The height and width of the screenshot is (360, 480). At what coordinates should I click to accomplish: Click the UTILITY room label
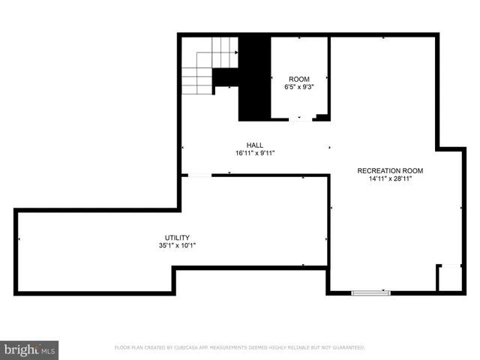coord(177,236)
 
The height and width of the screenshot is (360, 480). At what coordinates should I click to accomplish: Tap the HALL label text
coord(255,145)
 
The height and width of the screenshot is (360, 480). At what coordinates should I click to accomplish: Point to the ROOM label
coord(298,79)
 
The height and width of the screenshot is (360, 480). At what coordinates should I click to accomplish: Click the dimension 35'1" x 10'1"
coord(177,245)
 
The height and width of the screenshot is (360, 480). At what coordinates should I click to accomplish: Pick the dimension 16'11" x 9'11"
coord(255,153)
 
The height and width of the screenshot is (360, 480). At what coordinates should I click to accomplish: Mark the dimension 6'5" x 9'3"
coord(298,88)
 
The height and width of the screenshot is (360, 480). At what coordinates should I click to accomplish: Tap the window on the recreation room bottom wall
coord(371,292)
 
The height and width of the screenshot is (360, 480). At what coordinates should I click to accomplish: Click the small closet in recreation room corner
coord(451,278)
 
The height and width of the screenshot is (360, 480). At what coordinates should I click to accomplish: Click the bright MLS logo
coord(29,349)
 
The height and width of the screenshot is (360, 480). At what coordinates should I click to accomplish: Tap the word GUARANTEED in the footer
coord(347,348)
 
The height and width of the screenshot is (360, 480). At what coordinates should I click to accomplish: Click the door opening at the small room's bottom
coord(300,118)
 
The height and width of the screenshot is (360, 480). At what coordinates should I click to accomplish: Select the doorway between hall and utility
coord(199,175)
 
